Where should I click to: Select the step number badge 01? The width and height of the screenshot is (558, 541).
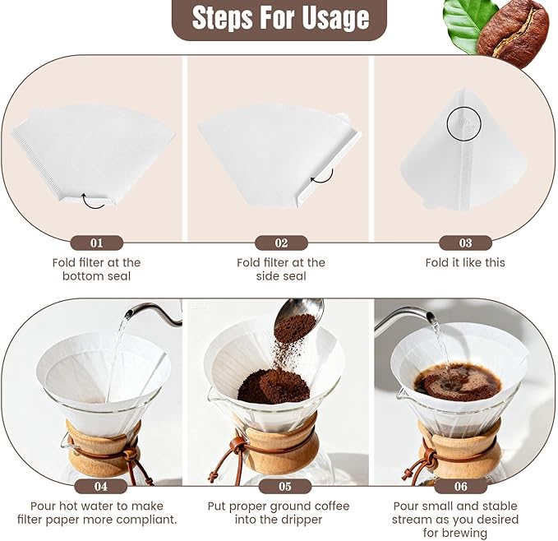(97, 243)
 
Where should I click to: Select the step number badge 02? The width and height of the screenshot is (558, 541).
(281, 243)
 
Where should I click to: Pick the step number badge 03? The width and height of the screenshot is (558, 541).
(465, 243)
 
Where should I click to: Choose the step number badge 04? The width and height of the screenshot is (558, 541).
(97, 486)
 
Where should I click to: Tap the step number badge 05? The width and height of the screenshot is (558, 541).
(281, 486)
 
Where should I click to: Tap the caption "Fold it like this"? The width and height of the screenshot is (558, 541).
(465, 262)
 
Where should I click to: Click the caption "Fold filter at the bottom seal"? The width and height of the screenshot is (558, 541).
(97, 269)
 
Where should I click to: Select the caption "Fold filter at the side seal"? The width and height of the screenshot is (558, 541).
(281, 269)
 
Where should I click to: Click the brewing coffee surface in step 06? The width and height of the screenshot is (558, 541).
(457, 381)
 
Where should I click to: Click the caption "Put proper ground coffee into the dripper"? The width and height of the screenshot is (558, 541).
(281, 512)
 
